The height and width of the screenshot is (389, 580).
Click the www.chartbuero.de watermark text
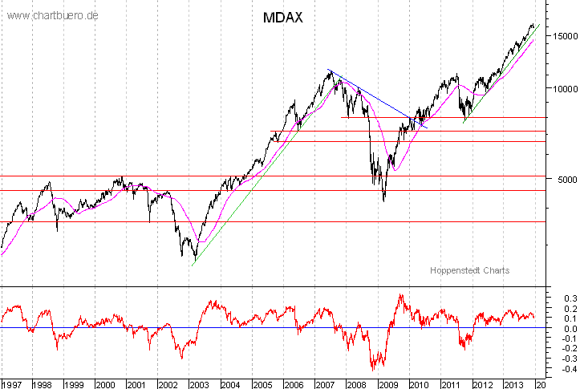(53, 15)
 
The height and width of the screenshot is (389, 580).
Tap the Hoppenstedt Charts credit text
(469, 270)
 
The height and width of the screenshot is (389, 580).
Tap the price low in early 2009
(383, 200)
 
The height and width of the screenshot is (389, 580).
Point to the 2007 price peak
(330, 71)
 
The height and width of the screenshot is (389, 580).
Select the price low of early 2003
(194, 258)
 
